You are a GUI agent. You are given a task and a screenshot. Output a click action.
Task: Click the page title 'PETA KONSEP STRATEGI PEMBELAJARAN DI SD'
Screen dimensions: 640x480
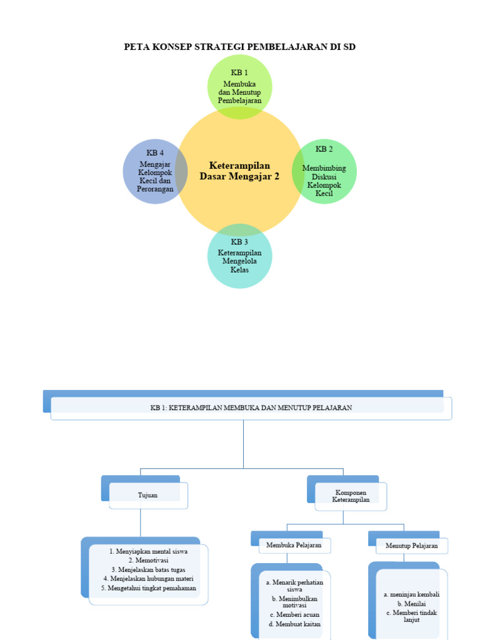point(240,47)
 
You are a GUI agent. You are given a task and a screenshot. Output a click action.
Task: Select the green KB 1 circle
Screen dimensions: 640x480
point(240,86)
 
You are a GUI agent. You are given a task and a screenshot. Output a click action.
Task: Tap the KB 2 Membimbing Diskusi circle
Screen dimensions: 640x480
point(324,171)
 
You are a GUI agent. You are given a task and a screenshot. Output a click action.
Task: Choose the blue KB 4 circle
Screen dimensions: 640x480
point(155,171)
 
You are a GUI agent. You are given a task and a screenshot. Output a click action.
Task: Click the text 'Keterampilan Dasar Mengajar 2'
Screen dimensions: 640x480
point(240,171)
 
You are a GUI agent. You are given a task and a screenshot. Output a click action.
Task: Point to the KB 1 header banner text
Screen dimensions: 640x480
point(251,407)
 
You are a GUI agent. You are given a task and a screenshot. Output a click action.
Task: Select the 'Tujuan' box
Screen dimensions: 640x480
point(147,495)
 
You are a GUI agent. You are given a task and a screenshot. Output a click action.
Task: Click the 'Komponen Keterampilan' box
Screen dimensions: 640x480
point(350,496)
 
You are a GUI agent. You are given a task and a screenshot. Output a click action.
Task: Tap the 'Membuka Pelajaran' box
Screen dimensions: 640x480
point(294,545)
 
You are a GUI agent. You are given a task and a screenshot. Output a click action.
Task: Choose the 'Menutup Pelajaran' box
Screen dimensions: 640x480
point(411,546)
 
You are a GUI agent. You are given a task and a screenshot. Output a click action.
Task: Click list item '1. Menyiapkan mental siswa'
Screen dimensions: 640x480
point(148,551)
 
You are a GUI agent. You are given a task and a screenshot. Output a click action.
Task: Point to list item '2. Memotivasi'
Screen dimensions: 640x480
point(148,561)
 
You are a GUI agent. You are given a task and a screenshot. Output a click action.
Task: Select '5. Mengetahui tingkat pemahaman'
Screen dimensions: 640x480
point(148,588)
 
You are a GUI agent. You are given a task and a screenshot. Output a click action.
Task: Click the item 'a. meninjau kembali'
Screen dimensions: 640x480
point(411,594)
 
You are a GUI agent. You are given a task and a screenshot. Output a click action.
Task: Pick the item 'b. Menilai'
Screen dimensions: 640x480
point(411,604)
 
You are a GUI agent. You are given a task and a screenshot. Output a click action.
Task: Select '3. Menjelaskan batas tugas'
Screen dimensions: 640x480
point(148,570)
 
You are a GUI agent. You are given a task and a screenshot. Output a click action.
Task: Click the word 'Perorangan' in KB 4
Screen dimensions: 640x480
point(156,189)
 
